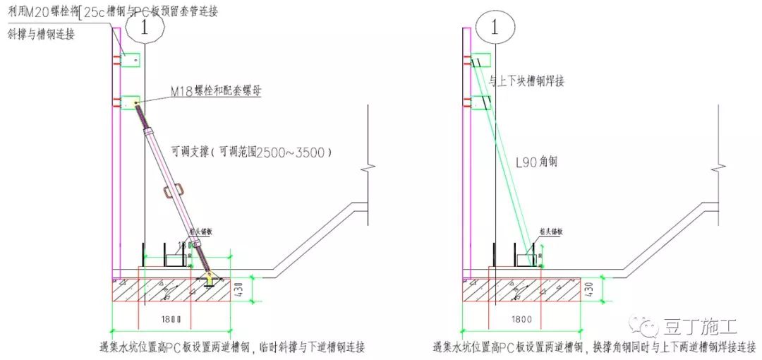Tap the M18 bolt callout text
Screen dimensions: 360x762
214,90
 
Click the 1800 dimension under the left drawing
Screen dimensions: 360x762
171,320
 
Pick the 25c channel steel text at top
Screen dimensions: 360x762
102,12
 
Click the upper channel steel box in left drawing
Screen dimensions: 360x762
131,60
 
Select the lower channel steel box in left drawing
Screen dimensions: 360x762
131,103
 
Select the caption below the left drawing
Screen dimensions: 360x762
233,347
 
